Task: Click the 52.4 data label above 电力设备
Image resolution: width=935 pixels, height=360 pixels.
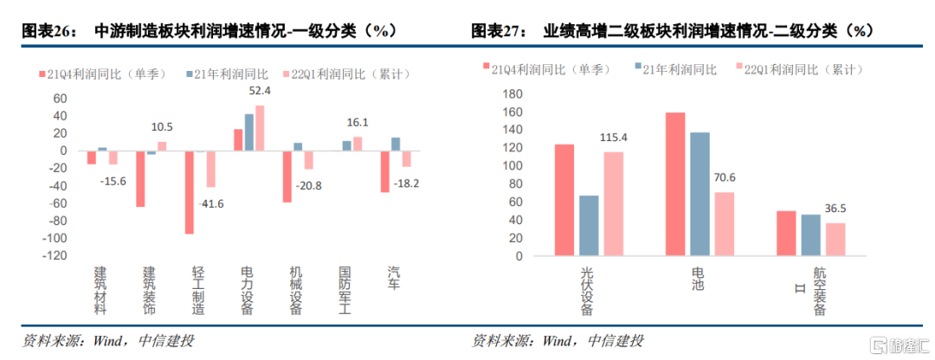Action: tap(260, 91)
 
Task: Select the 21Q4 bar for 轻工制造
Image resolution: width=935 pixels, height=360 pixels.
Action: tap(189, 192)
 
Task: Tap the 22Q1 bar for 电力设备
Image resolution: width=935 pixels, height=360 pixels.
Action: tap(260, 128)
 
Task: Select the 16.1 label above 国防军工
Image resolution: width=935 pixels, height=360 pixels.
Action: tap(358, 123)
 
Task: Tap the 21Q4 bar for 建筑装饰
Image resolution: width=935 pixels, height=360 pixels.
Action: tap(140, 178)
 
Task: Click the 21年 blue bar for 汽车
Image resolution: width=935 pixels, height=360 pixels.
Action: tap(396, 144)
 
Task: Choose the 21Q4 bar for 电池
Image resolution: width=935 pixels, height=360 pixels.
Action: tap(675, 184)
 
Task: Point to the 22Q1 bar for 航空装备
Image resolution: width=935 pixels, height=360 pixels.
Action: tap(835, 239)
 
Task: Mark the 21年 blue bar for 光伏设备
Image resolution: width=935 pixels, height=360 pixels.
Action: tap(589, 226)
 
